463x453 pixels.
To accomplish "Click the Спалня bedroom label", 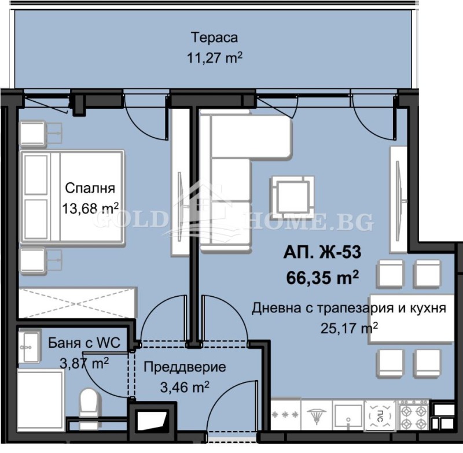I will (90, 188).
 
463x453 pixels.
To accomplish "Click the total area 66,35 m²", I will (322, 277).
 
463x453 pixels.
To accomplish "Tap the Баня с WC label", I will (84, 343).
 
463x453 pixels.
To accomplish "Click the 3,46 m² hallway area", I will (184, 386).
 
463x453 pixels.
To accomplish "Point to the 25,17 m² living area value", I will (349, 329).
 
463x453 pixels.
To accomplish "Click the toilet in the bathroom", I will (89, 402).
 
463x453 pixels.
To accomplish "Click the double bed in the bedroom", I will (72, 197).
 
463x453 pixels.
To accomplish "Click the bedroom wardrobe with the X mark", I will (77, 302).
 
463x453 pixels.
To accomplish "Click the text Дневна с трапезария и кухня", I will (349, 308).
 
